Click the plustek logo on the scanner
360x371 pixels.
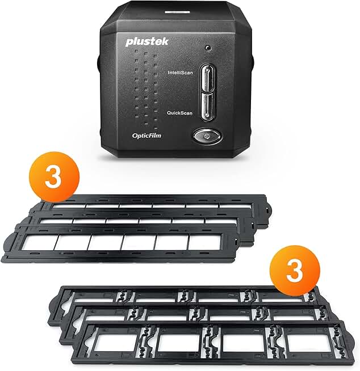point(147,41)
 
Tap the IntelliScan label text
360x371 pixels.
point(180,73)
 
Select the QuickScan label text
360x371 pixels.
point(179,113)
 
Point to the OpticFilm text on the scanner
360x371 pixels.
point(146,136)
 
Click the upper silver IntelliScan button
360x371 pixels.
point(207,78)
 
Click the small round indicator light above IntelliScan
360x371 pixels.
point(208,48)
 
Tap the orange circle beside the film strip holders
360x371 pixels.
point(54,177)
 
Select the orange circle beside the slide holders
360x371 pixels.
point(295,270)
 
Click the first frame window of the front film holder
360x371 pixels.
point(40,242)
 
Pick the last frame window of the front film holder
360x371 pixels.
point(205,242)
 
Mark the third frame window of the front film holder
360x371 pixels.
point(106,242)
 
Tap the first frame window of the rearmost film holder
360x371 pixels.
point(69,206)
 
